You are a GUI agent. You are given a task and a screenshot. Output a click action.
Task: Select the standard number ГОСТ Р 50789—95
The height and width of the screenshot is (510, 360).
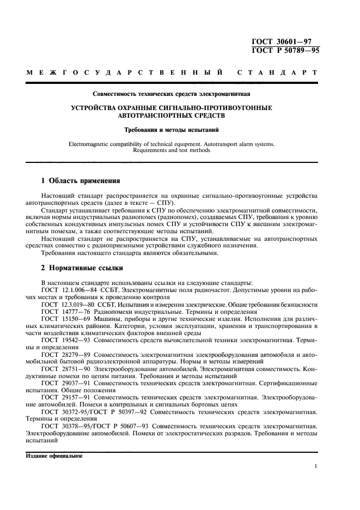point(286,51)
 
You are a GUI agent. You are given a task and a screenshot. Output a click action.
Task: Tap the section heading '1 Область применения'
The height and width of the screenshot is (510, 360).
point(81,180)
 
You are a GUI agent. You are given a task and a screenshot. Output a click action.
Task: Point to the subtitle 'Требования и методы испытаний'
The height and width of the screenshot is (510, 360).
point(179,130)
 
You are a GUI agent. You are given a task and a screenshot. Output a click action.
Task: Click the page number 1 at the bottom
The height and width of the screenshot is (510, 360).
point(316,466)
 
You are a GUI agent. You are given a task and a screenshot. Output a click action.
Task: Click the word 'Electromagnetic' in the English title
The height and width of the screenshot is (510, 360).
point(93,144)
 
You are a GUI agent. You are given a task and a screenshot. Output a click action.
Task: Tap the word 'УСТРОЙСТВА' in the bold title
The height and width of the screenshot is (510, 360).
point(95,108)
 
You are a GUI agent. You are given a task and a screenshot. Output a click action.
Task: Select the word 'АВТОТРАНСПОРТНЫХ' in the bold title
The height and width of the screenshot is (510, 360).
point(155,116)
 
